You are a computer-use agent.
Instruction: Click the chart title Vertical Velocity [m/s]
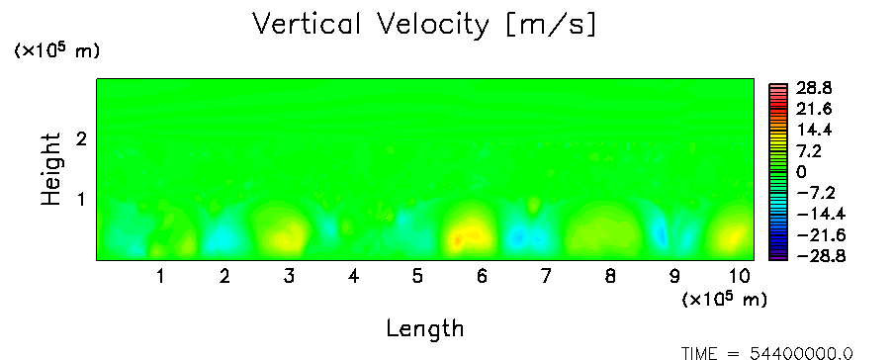(424, 25)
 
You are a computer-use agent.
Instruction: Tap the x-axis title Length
(425, 329)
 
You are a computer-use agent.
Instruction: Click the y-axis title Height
(50, 169)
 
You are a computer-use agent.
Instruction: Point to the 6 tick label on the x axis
(483, 277)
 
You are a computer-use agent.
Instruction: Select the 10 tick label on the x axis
(740, 277)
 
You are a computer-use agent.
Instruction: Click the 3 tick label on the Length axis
(290, 277)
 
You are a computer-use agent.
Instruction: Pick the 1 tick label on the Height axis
(81, 200)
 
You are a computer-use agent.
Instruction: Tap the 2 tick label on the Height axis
(81, 138)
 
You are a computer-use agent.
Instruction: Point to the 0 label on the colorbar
(802, 172)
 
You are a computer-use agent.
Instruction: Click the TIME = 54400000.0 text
(766, 354)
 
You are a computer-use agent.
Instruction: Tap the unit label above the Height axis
(56, 50)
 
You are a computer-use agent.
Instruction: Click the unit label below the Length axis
(724, 299)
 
